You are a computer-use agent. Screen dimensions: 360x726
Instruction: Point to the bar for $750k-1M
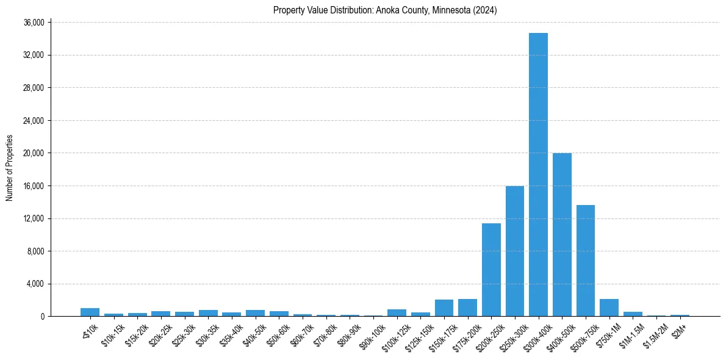(609, 308)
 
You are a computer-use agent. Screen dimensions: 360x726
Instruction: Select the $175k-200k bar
(467, 308)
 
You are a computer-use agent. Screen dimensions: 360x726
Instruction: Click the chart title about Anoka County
(386, 10)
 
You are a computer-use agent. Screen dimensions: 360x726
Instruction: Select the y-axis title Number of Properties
(9, 168)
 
